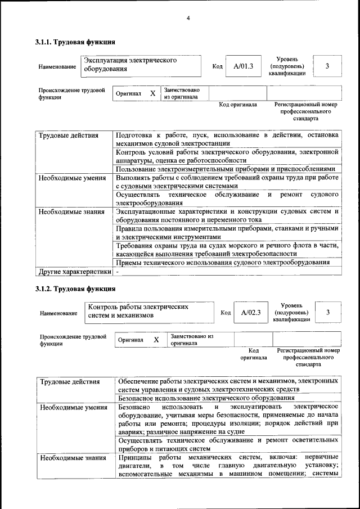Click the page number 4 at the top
click(x=188, y=19)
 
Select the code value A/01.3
click(x=243, y=66)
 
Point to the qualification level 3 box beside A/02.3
click(x=328, y=312)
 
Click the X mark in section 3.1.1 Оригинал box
click(x=152, y=93)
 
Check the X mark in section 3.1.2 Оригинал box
click(x=156, y=340)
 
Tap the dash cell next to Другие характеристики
click(x=118, y=272)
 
